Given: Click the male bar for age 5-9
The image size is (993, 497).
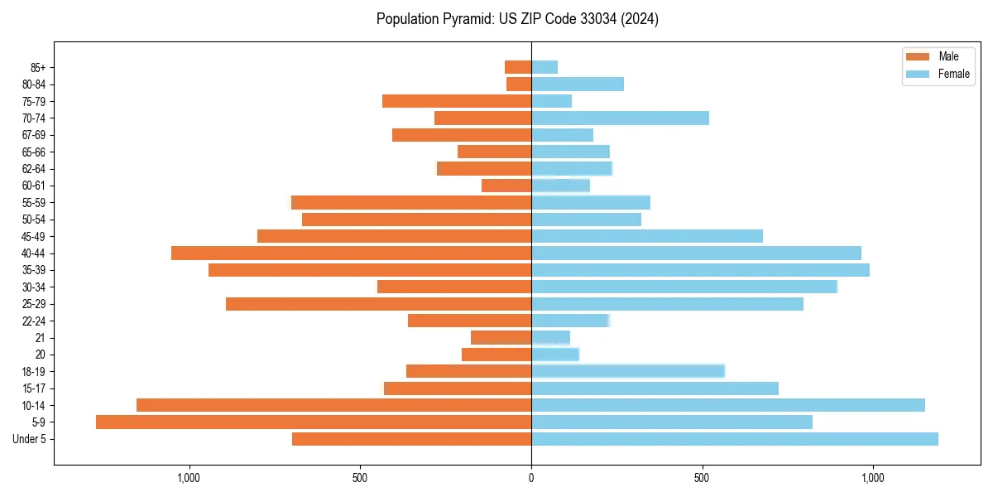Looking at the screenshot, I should click(x=314, y=422).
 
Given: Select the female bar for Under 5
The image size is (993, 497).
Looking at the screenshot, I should click(x=735, y=439).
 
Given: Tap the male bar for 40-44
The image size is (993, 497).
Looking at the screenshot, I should click(x=351, y=253).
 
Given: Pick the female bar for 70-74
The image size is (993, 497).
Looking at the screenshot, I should click(x=620, y=118).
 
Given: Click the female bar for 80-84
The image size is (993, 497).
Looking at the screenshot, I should click(x=578, y=84).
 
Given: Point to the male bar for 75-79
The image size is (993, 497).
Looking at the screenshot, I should click(x=457, y=101).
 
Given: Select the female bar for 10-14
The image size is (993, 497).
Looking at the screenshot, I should click(x=728, y=405).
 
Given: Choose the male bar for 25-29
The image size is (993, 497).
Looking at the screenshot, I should click(x=378, y=304).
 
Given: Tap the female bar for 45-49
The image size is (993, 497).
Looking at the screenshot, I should click(x=647, y=236).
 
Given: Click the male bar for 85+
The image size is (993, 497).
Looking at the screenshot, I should click(x=518, y=67).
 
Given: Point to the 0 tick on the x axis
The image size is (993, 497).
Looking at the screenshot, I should click(x=531, y=478).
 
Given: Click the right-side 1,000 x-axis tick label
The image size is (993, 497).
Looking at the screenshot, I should click(x=873, y=478).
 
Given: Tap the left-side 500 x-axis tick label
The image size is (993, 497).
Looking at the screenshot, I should click(x=360, y=478).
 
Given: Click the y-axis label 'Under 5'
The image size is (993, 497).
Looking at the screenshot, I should click(x=29, y=439).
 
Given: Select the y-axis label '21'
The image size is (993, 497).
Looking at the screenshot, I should click(x=40, y=338).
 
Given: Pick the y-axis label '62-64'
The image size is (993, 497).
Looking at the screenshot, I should click(x=34, y=169).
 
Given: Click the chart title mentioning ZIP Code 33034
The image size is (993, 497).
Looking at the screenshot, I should click(x=517, y=19).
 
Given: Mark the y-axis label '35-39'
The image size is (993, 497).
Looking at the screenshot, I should click(x=34, y=270).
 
